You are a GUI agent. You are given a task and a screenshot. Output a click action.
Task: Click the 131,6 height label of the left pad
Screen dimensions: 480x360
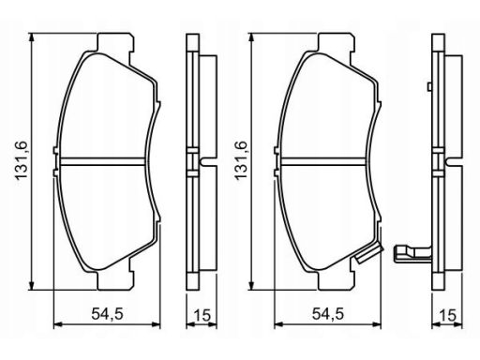coord(22,160)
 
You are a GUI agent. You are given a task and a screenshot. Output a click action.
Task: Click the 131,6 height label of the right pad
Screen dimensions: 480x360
coord(242,160)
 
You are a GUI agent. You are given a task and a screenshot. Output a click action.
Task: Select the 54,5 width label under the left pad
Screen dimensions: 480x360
coord(107,313)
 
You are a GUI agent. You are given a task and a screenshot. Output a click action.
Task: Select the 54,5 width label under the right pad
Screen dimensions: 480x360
coord(328,313)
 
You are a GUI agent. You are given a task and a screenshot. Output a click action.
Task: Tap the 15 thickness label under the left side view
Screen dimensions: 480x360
coord(202,315)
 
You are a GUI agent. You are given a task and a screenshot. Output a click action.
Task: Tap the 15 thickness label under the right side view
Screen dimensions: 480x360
coord(447,315)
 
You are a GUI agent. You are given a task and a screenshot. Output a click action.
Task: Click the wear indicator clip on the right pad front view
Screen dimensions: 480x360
coord(369,253)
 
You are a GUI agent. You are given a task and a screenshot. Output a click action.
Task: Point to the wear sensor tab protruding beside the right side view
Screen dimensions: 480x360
coord(412,252)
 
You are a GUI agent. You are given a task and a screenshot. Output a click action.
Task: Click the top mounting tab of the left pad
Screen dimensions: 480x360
coord(116,42)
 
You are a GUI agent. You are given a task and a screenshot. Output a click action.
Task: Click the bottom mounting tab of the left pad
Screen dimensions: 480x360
coord(116,281)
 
